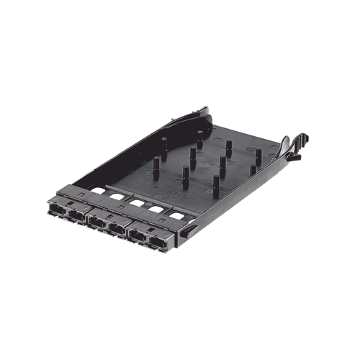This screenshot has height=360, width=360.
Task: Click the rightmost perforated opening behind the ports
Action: pyautogui.click(x=176, y=214)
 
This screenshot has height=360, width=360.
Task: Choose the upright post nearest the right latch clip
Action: pyautogui.click(x=252, y=171)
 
